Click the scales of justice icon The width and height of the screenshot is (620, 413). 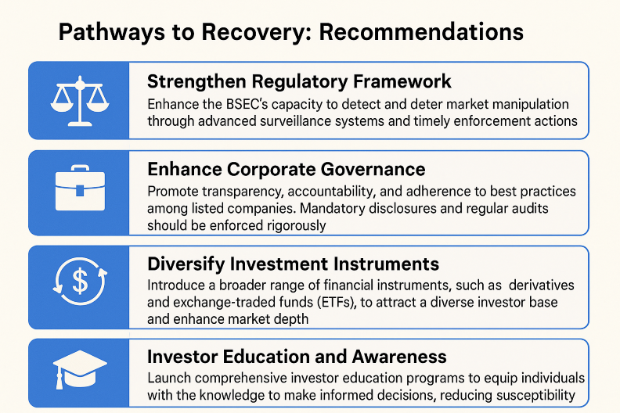coord(80,101)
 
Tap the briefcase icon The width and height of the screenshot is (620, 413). coord(81,188)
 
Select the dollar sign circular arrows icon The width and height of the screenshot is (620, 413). coord(81,281)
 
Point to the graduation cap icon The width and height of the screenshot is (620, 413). coord(80,369)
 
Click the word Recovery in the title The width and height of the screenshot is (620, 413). coord(257,32)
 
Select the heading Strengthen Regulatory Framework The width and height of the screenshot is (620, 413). coord(299,82)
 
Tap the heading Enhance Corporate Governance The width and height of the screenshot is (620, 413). coord(287,169)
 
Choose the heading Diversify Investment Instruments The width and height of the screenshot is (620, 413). coord(293,264)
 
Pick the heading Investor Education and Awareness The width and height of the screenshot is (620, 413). coord(297,357)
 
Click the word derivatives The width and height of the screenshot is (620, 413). coord(541,286)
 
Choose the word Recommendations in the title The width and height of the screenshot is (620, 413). coord(421,32)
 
